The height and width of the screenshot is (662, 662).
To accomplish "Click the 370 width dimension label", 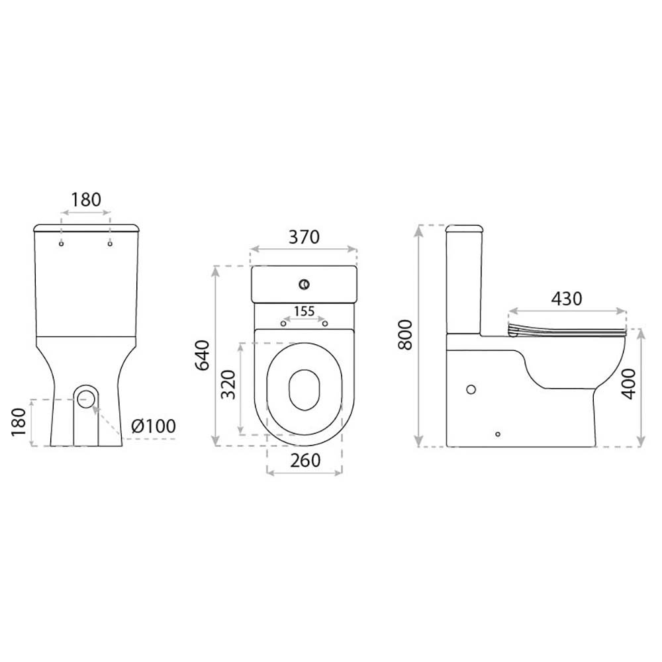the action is (304, 237).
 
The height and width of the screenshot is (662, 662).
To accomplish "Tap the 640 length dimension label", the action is (203, 355).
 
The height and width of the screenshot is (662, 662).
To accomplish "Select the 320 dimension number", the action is (229, 384).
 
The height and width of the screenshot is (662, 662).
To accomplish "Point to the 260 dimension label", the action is (305, 460).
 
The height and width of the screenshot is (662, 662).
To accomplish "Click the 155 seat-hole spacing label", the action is (305, 311).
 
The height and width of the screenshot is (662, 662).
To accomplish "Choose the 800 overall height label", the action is (405, 335).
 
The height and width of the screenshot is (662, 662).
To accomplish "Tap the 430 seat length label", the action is (567, 299).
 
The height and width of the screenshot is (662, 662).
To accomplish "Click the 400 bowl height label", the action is (629, 384).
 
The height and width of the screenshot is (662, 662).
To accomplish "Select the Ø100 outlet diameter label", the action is (154, 426).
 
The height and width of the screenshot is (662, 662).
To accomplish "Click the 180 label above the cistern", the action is (85, 200).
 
